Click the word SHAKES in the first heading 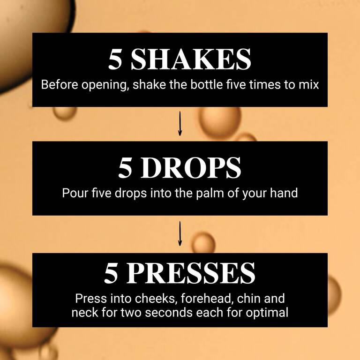coord(191,60)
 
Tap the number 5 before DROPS coord(125,168)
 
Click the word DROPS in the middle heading coord(193,168)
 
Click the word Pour coord(73,193)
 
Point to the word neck coord(83,312)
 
